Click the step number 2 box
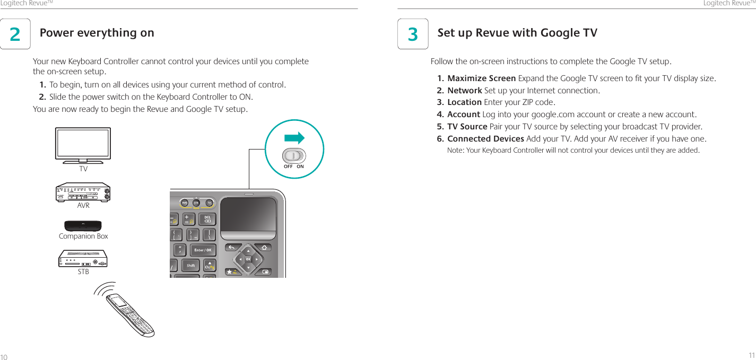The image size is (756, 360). (x=15, y=34)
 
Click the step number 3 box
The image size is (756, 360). (x=413, y=34)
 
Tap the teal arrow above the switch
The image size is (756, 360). (x=294, y=138)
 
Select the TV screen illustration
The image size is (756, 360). (x=83, y=144)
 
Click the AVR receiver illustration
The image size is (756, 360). (x=83, y=193)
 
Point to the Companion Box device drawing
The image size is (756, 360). (x=83, y=226)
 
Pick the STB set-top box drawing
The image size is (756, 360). (x=83, y=259)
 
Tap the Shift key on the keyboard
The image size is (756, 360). (x=190, y=265)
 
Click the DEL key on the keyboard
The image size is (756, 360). (x=207, y=219)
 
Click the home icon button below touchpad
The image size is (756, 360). (x=264, y=248)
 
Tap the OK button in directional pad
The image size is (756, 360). (x=248, y=259)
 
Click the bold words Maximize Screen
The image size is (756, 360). (x=481, y=79)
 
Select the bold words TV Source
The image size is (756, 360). (x=467, y=127)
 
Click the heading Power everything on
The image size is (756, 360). (x=97, y=33)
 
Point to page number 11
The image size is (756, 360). (x=751, y=355)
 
